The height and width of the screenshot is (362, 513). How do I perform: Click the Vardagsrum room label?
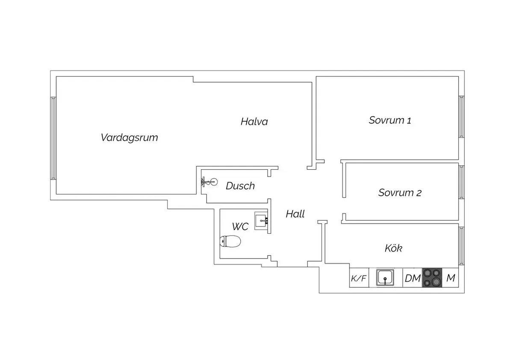[130, 138]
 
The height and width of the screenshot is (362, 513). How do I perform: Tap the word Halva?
[254, 122]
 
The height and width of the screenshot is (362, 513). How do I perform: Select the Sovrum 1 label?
[390, 120]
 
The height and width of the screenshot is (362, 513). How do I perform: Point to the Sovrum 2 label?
[400, 193]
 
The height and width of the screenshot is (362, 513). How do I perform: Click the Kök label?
[393, 248]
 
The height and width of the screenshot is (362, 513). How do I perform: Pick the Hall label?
[295, 214]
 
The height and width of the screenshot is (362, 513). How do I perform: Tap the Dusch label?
[240, 186]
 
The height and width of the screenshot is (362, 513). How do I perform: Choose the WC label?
[240, 226]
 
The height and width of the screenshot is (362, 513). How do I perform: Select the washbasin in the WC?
[261, 221]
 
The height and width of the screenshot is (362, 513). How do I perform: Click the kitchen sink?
[386, 278]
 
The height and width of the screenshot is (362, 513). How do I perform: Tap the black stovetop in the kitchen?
[432, 278]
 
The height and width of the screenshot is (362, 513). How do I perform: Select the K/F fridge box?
[359, 279]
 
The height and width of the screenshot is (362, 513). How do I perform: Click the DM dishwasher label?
[413, 279]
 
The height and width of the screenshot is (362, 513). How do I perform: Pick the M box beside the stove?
[451, 278]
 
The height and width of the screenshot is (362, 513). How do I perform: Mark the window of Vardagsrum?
[53, 138]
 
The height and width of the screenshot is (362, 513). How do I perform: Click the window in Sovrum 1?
[462, 117]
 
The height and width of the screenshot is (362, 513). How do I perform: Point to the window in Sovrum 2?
[462, 182]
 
